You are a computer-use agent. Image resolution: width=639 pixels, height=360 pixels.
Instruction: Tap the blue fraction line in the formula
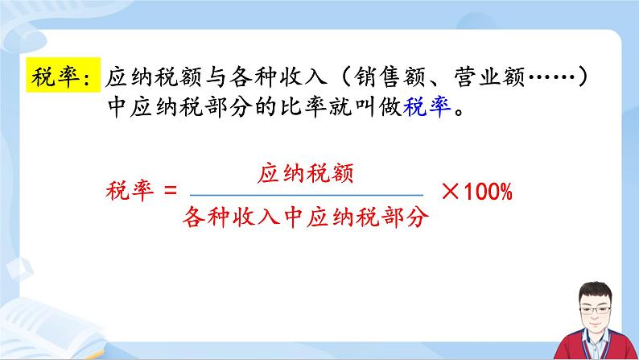[x=306, y=194]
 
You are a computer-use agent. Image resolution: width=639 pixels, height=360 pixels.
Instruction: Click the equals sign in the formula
[x=169, y=193]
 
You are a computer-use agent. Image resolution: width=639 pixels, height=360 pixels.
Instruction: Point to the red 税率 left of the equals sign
[x=128, y=193]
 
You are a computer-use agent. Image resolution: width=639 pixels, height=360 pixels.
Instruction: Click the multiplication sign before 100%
[x=451, y=193]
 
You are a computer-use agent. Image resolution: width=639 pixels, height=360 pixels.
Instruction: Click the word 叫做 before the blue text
[x=383, y=108]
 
